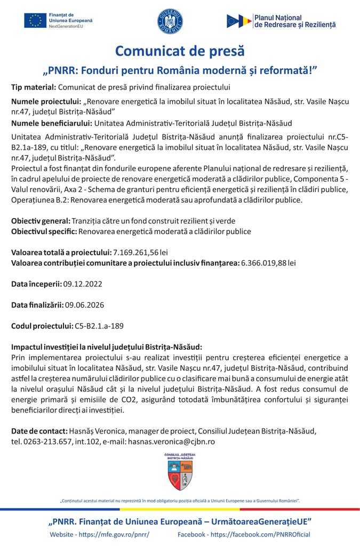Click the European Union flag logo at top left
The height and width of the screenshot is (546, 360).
click(x=35, y=21)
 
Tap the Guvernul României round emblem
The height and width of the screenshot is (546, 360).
click(x=170, y=21)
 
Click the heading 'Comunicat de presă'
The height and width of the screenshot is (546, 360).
click(x=180, y=51)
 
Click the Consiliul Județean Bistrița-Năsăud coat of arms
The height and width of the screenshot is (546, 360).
click(x=180, y=472)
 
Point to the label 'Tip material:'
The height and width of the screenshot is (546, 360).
click(x=33, y=87)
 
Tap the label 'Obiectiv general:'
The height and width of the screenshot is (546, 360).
click(x=41, y=221)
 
